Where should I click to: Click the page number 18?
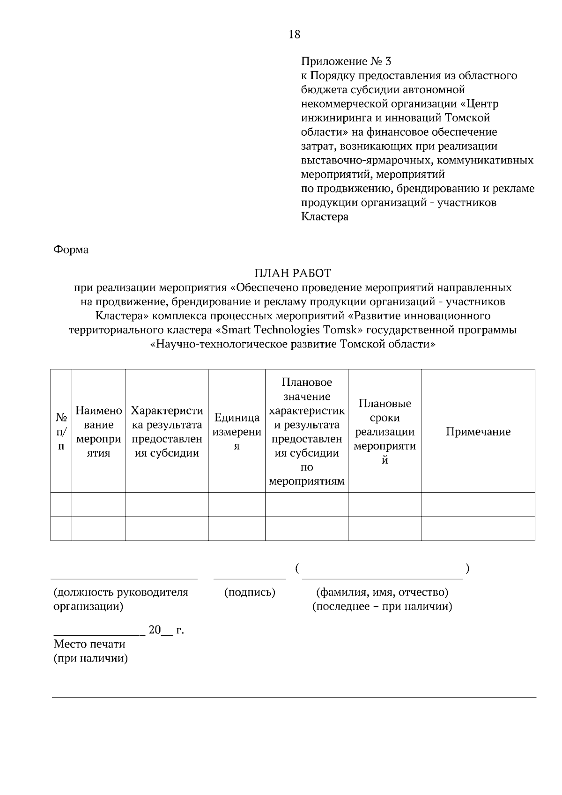click(x=295, y=34)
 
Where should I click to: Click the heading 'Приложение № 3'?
click(x=346, y=61)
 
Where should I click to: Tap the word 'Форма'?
click(x=71, y=250)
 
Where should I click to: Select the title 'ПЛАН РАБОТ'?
click(x=293, y=273)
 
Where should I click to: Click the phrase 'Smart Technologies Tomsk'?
click(x=289, y=330)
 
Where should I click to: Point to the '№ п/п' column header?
click(x=61, y=431)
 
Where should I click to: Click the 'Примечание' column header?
click(x=478, y=432)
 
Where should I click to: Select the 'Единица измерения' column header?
click(x=237, y=432)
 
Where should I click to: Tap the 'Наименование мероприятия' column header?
click(x=98, y=432)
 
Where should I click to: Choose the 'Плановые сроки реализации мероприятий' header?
click(x=385, y=432)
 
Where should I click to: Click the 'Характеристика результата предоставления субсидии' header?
click(x=167, y=432)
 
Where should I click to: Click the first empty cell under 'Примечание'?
click(x=478, y=504)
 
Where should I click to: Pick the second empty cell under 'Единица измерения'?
click(x=237, y=529)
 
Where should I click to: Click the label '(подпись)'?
click(x=250, y=592)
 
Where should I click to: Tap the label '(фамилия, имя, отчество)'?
click(x=382, y=592)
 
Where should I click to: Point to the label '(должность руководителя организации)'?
click(x=121, y=599)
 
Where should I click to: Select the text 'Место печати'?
click(x=89, y=644)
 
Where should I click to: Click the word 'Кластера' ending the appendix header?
click(x=324, y=217)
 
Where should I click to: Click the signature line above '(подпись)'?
click(x=250, y=579)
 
